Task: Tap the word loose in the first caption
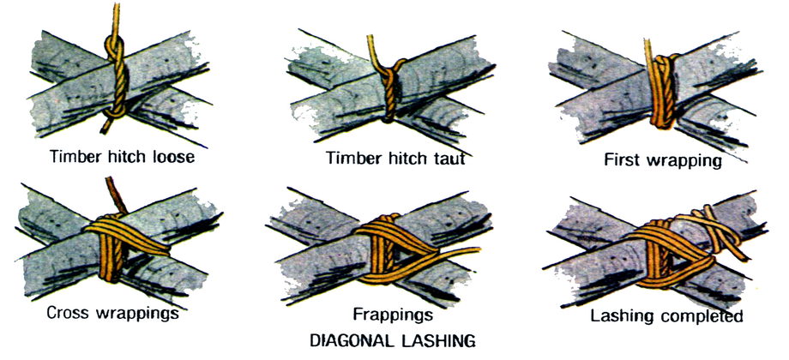[x=172, y=156]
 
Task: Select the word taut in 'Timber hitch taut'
[x=447, y=159]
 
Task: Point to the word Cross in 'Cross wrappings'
[x=69, y=313]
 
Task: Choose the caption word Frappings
[x=393, y=315]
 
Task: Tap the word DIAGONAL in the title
[x=352, y=340]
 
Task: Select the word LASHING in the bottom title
[x=437, y=340]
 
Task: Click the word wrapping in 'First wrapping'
[x=683, y=161]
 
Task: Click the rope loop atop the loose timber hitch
[x=115, y=48]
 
